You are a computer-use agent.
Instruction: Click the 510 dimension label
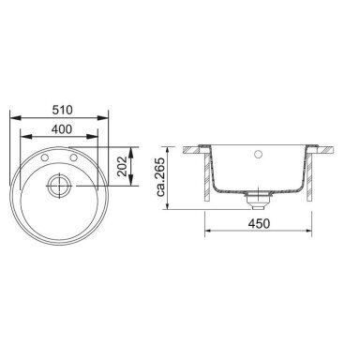click(x=62, y=110)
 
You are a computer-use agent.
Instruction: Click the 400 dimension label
click(x=62, y=129)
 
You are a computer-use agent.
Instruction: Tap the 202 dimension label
click(x=122, y=166)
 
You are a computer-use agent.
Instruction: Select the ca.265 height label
click(x=160, y=177)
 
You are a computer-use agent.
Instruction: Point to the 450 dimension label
click(x=259, y=223)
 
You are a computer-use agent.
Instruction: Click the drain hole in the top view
click(x=59, y=186)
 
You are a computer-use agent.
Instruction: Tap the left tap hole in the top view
click(x=45, y=158)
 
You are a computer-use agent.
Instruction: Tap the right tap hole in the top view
click(x=73, y=158)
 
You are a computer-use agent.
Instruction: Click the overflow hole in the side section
click(x=258, y=154)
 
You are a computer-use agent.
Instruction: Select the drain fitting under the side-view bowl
click(x=258, y=201)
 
